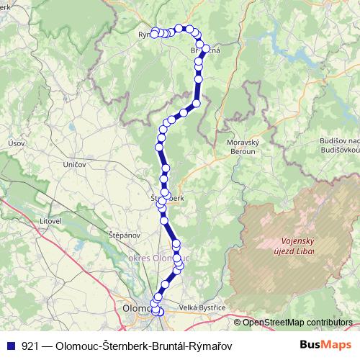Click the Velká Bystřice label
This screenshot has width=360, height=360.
pyautogui.click(x=202, y=307)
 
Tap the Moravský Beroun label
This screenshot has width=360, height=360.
pyautogui.click(x=242, y=148)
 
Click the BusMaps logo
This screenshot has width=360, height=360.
pyautogui.click(x=325, y=345)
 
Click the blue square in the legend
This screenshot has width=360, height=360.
pyautogui.click(x=11, y=346)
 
